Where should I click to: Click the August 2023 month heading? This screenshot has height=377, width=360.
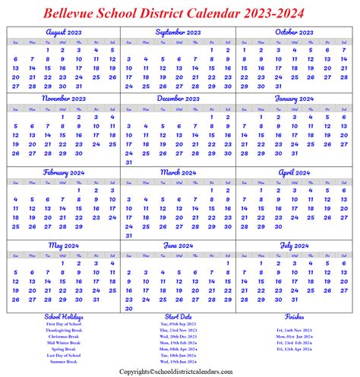(x=63, y=33)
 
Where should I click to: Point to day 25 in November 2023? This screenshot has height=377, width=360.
(x=112, y=144)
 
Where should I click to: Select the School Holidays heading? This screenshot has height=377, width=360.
(x=64, y=316)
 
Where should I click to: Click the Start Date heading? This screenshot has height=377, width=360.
(x=180, y=316)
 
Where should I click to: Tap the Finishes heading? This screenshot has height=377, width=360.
(x=295, y=316)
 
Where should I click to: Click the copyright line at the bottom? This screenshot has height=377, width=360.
(x=180, y=372)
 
